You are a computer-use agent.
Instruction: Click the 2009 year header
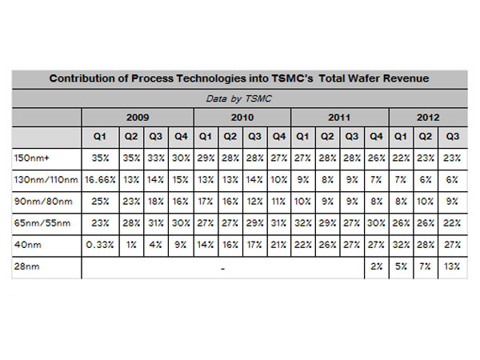[x=137, y=117]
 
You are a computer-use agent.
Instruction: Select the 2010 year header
[x=242, y=117]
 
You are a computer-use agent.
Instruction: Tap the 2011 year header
[x=340, y=117]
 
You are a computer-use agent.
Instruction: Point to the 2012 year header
[x=429, y=117]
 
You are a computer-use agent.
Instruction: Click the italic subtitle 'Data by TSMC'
[x=241, y=98]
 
